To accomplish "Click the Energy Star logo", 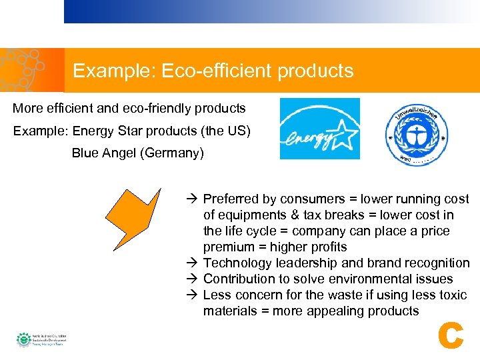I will pos(319,129).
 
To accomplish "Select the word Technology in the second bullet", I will pos(235,263).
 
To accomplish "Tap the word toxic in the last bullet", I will pos(453,295).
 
